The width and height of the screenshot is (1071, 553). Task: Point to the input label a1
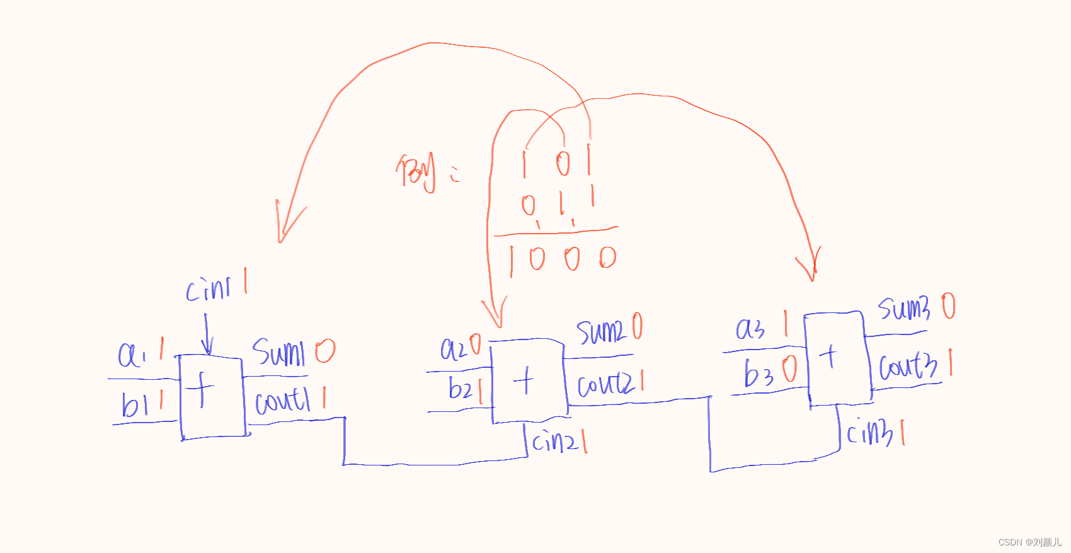(x=132, y=355)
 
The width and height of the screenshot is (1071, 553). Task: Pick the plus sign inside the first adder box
(x=201, y=390)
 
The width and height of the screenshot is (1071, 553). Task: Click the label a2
(x=453, y=349)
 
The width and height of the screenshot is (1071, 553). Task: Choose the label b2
(x=460, y=389)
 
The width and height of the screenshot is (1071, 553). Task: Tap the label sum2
(x=600, y=331)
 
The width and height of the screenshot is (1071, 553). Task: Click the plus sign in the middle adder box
(x=524, y=381)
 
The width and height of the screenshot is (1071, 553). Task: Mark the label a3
(x=750, y=329)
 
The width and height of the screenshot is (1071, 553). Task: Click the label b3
(x=759, y=373)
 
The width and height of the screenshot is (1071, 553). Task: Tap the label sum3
(x=904, y=308)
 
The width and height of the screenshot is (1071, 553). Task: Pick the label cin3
(x=869, y=433)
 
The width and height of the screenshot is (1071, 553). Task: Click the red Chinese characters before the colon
(x=416, y=171)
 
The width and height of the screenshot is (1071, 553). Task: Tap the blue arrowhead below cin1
(x=207, y=347)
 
